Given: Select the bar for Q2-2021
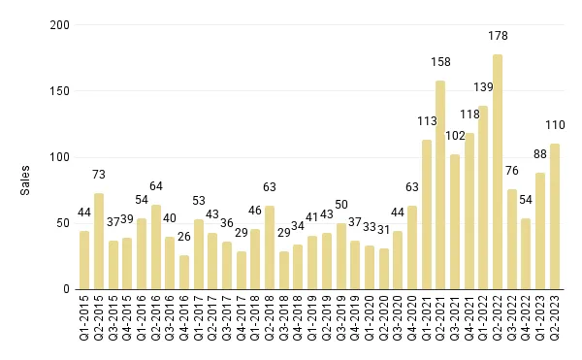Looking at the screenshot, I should pos(440,184).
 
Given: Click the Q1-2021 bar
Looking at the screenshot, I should pos(426,214).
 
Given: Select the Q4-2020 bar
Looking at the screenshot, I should pos(412,247).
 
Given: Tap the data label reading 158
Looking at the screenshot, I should pos(440,63).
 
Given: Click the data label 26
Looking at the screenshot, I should pos(184,238).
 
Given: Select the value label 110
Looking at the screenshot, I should pos(555,126).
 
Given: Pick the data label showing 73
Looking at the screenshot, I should pos(99,175).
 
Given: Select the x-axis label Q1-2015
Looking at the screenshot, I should pos(84,319).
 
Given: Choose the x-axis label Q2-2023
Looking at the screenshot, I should pos(555,319).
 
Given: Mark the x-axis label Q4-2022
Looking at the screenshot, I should pos(527,319).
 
